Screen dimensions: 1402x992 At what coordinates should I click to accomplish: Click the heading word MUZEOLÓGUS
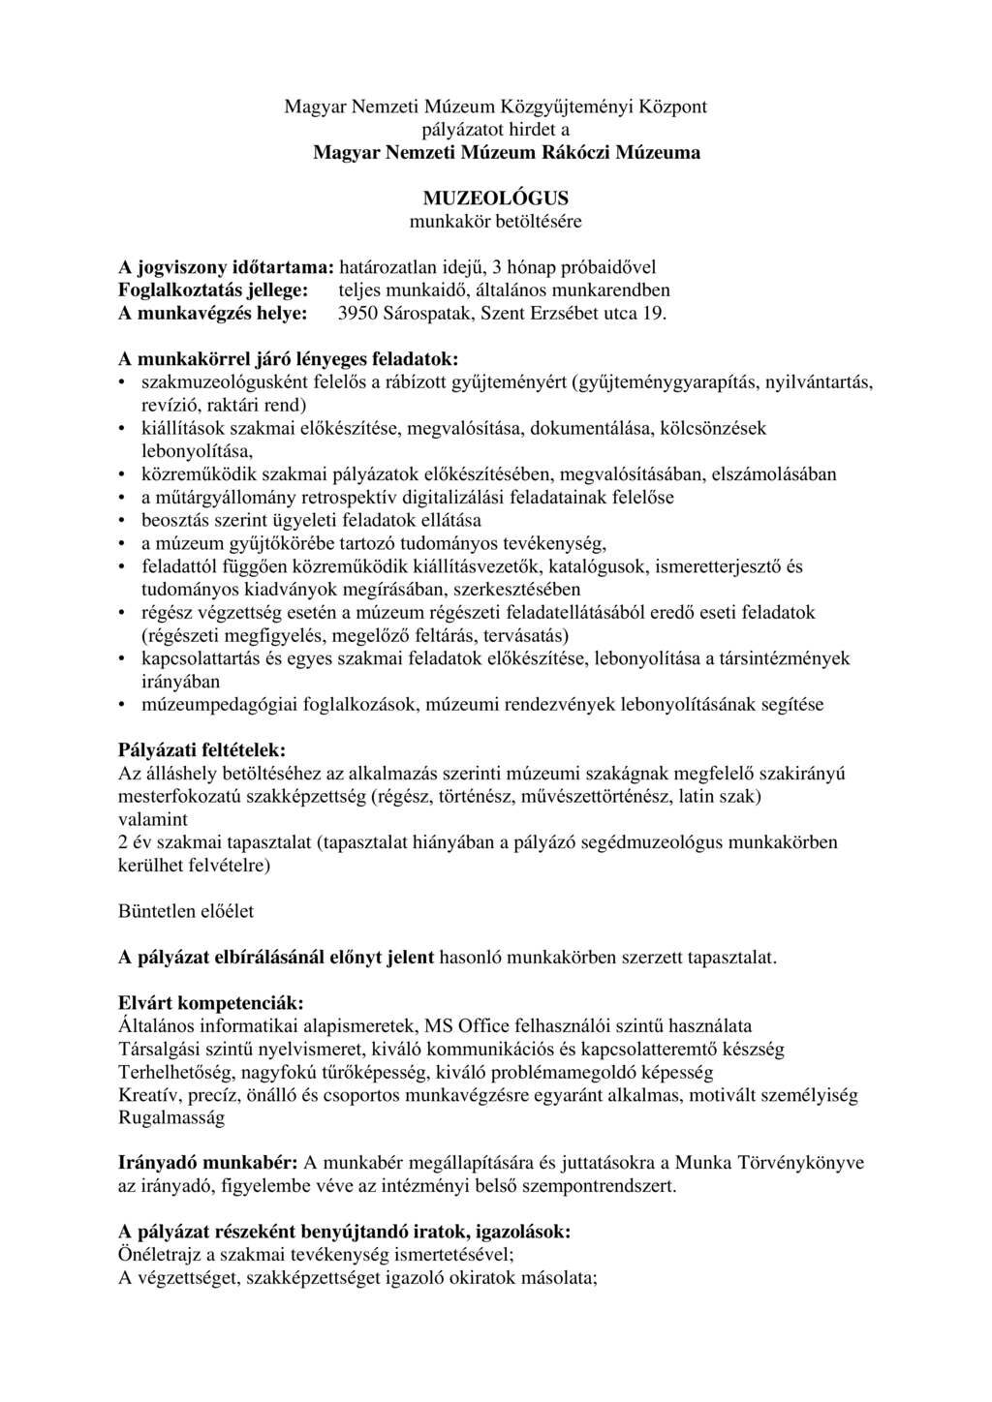pyautogui.click(x=495, y=198)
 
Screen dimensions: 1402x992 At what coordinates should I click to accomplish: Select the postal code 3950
pyautogui.click(x=356, y=314)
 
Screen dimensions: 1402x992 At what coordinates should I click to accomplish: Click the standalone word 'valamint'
pyautogui.click(x=149, y=819)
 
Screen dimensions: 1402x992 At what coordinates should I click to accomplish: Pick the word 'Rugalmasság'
pyautogui.click(x=170, y=1117)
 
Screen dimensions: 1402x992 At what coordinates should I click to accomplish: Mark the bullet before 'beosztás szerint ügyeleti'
pyautogui.click(x=122, y=521)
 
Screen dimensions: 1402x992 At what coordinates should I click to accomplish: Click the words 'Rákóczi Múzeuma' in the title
pyautogui.click(x=625, y=152)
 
